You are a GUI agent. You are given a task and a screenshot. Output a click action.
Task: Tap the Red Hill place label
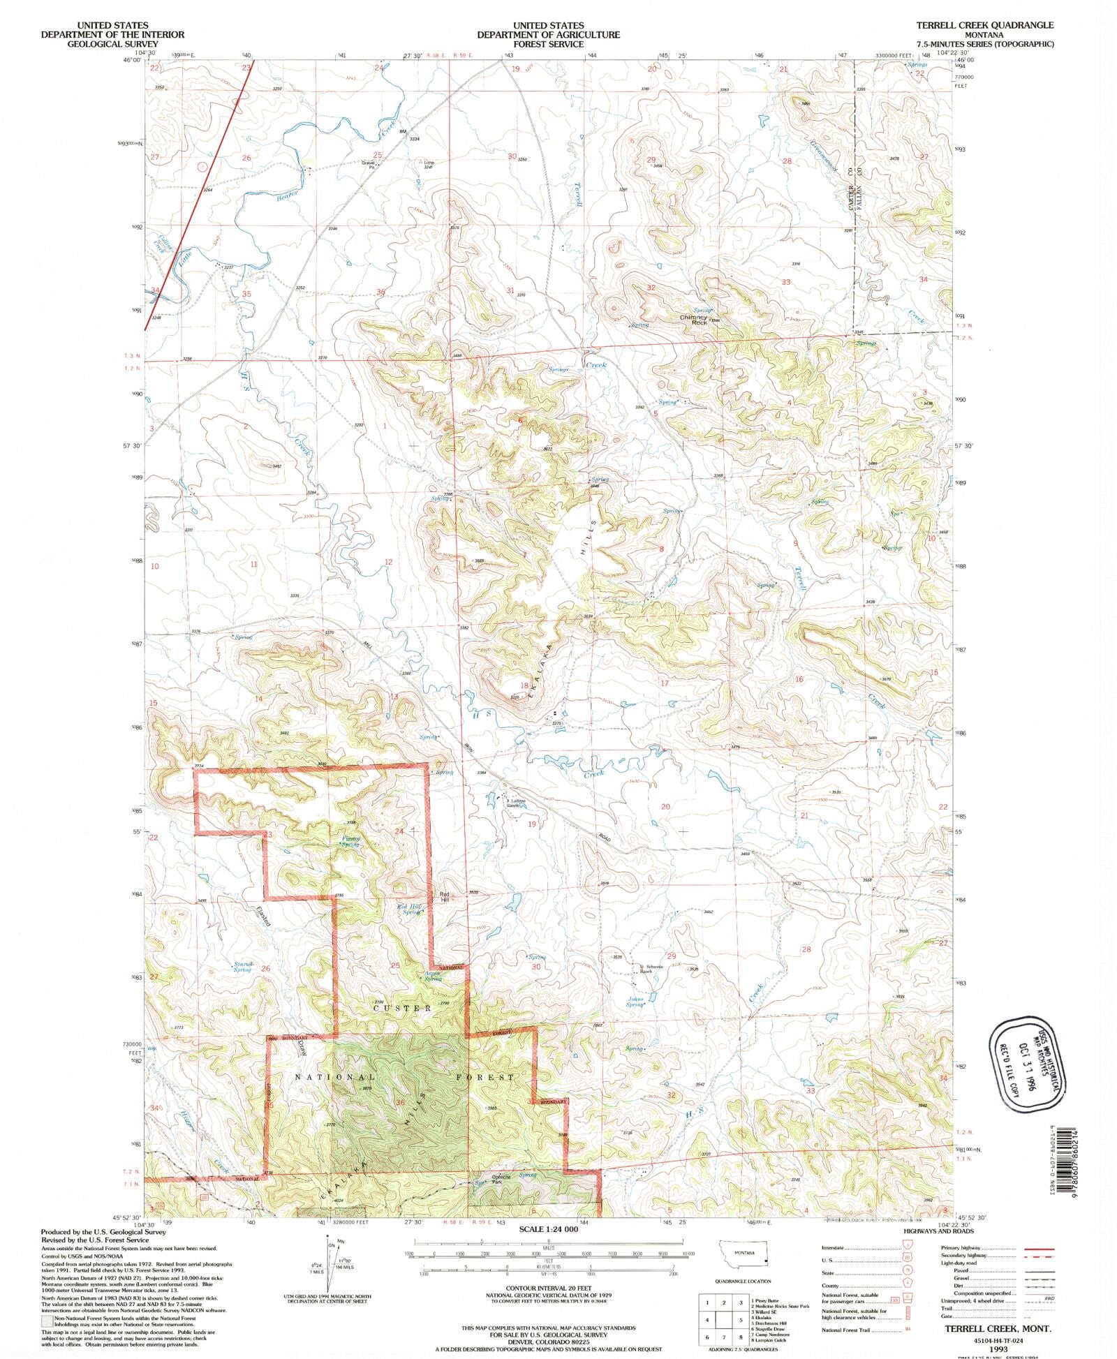click(x=444, y=897)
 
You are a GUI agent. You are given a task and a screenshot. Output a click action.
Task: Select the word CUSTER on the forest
click(x=402, y=1008)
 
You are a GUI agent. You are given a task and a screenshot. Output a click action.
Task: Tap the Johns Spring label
click(x=635, y=1002)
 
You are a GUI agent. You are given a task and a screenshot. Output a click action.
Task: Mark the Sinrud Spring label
click(x=242, y=967)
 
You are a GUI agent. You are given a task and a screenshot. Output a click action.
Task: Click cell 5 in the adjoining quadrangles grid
click(x=740, y=1320)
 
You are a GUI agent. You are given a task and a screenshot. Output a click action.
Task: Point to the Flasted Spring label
click(x=350, y=841)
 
